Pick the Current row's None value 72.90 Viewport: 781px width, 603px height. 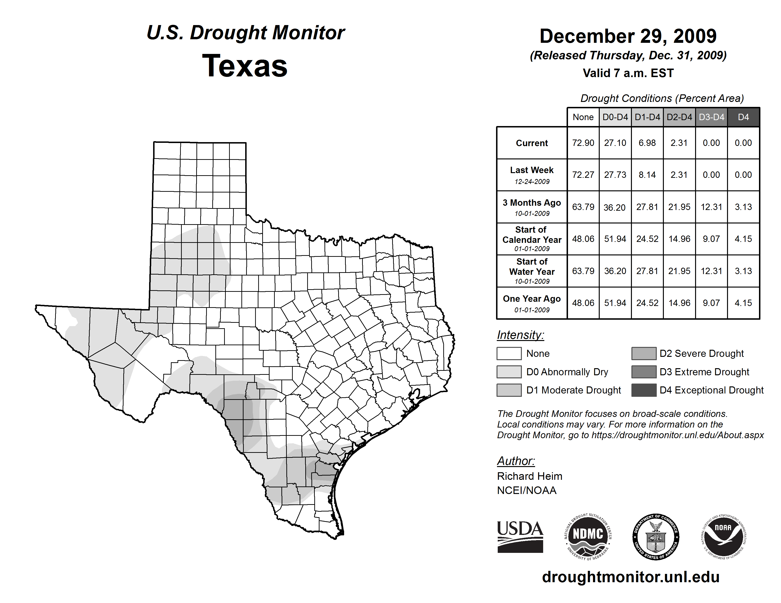click(x=583, y=143)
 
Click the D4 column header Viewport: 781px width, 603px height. click(x=743, y=117)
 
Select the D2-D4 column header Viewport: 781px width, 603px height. click(x=679, y=117)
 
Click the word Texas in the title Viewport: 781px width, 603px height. click(x=245, y=66)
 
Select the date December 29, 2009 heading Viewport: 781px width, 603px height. click(x=628, y=36)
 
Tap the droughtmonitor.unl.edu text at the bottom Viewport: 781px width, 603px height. click(x=631, y=577)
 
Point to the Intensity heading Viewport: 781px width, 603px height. click(x=520, y=335)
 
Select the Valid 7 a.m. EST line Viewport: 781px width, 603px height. click(x=628, y=73)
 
